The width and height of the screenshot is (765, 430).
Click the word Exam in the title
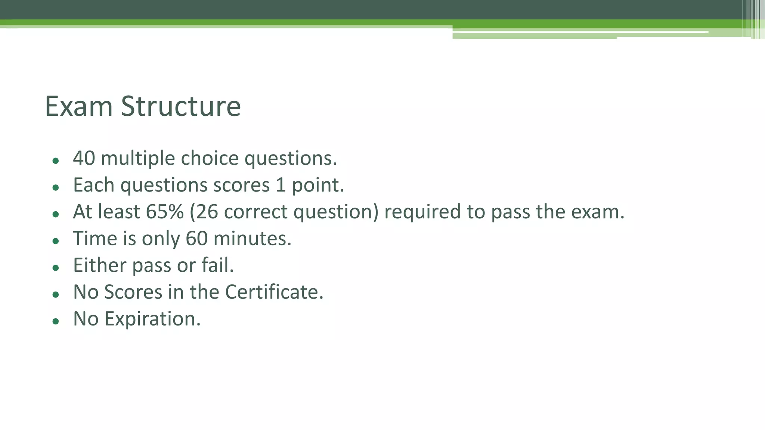tap(78, 106)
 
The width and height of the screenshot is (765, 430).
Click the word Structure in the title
tap(181, 106)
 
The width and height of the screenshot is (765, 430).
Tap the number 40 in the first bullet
tap(84, 158)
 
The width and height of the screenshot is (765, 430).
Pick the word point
tap(318, 186)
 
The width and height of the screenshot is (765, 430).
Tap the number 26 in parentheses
tap(207, 212)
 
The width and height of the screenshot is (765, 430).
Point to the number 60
tap(196, 239)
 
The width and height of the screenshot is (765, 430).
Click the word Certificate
tap(274, 292)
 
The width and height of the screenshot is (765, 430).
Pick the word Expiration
tap(152, 320)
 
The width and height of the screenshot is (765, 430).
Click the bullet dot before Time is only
tap(56, 241)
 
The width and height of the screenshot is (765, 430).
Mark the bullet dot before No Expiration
tap(56, 321)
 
